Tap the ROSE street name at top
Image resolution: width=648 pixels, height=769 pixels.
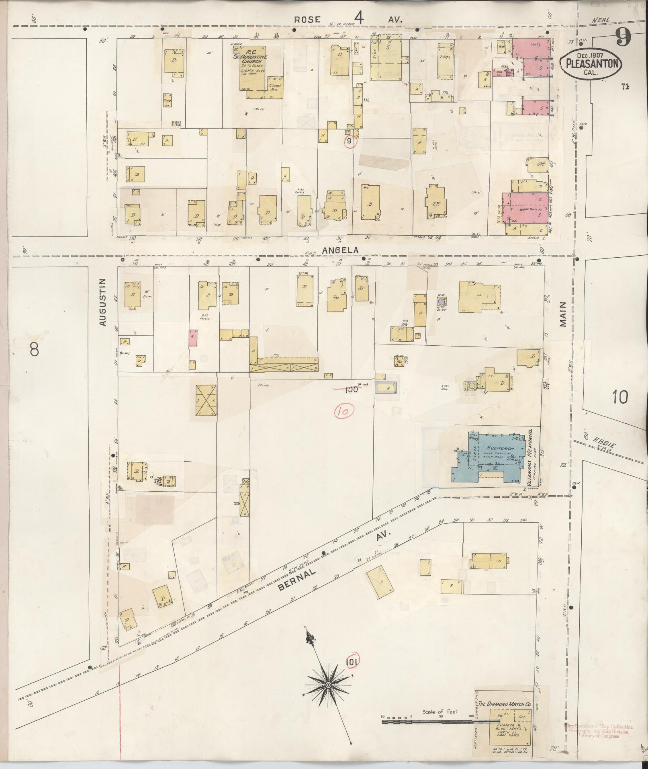tap(308, 19)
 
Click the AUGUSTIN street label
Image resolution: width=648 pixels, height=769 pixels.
tap(103, 302)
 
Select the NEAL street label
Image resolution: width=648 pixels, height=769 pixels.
tap(601, 20)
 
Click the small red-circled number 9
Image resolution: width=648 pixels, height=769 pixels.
tap(349, 141)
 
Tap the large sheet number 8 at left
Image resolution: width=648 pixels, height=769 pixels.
tap(34, 350)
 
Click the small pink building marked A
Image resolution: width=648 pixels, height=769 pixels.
tap(193, 337)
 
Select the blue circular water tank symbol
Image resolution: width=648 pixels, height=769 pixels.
tap(442, 301)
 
